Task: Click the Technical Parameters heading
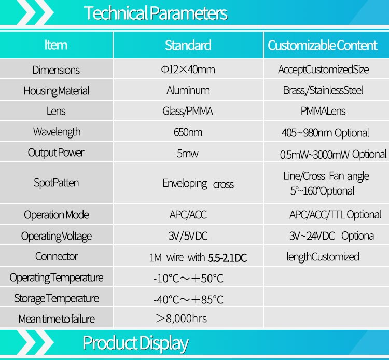(x=156, y=13)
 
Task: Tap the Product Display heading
(x=135, y=343)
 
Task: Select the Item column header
(x=56, y=45)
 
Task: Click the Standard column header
(x=188, y=45)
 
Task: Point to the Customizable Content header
(x=322, y=45)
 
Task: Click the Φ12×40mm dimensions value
(x=188, y=70)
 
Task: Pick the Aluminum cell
(x=188, y=90)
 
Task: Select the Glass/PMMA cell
(x=188, y=111)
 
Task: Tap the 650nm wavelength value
(x=188, y=132)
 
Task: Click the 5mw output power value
(x=188, y=154)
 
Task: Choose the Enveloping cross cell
(x=198, y=184)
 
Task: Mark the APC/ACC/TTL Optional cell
(x=335, y=215)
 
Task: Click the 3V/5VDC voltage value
(x=188, y=236)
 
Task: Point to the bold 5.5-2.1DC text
(x=227, y=258)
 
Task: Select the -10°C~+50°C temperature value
(x=188, y=279)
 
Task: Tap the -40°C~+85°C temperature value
(x=188, y=299)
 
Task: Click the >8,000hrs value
(x=182, y=319)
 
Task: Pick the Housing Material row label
(x=57, y=91)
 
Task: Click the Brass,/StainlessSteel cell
(x=323, y=90)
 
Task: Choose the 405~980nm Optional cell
(x=325, y=133)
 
